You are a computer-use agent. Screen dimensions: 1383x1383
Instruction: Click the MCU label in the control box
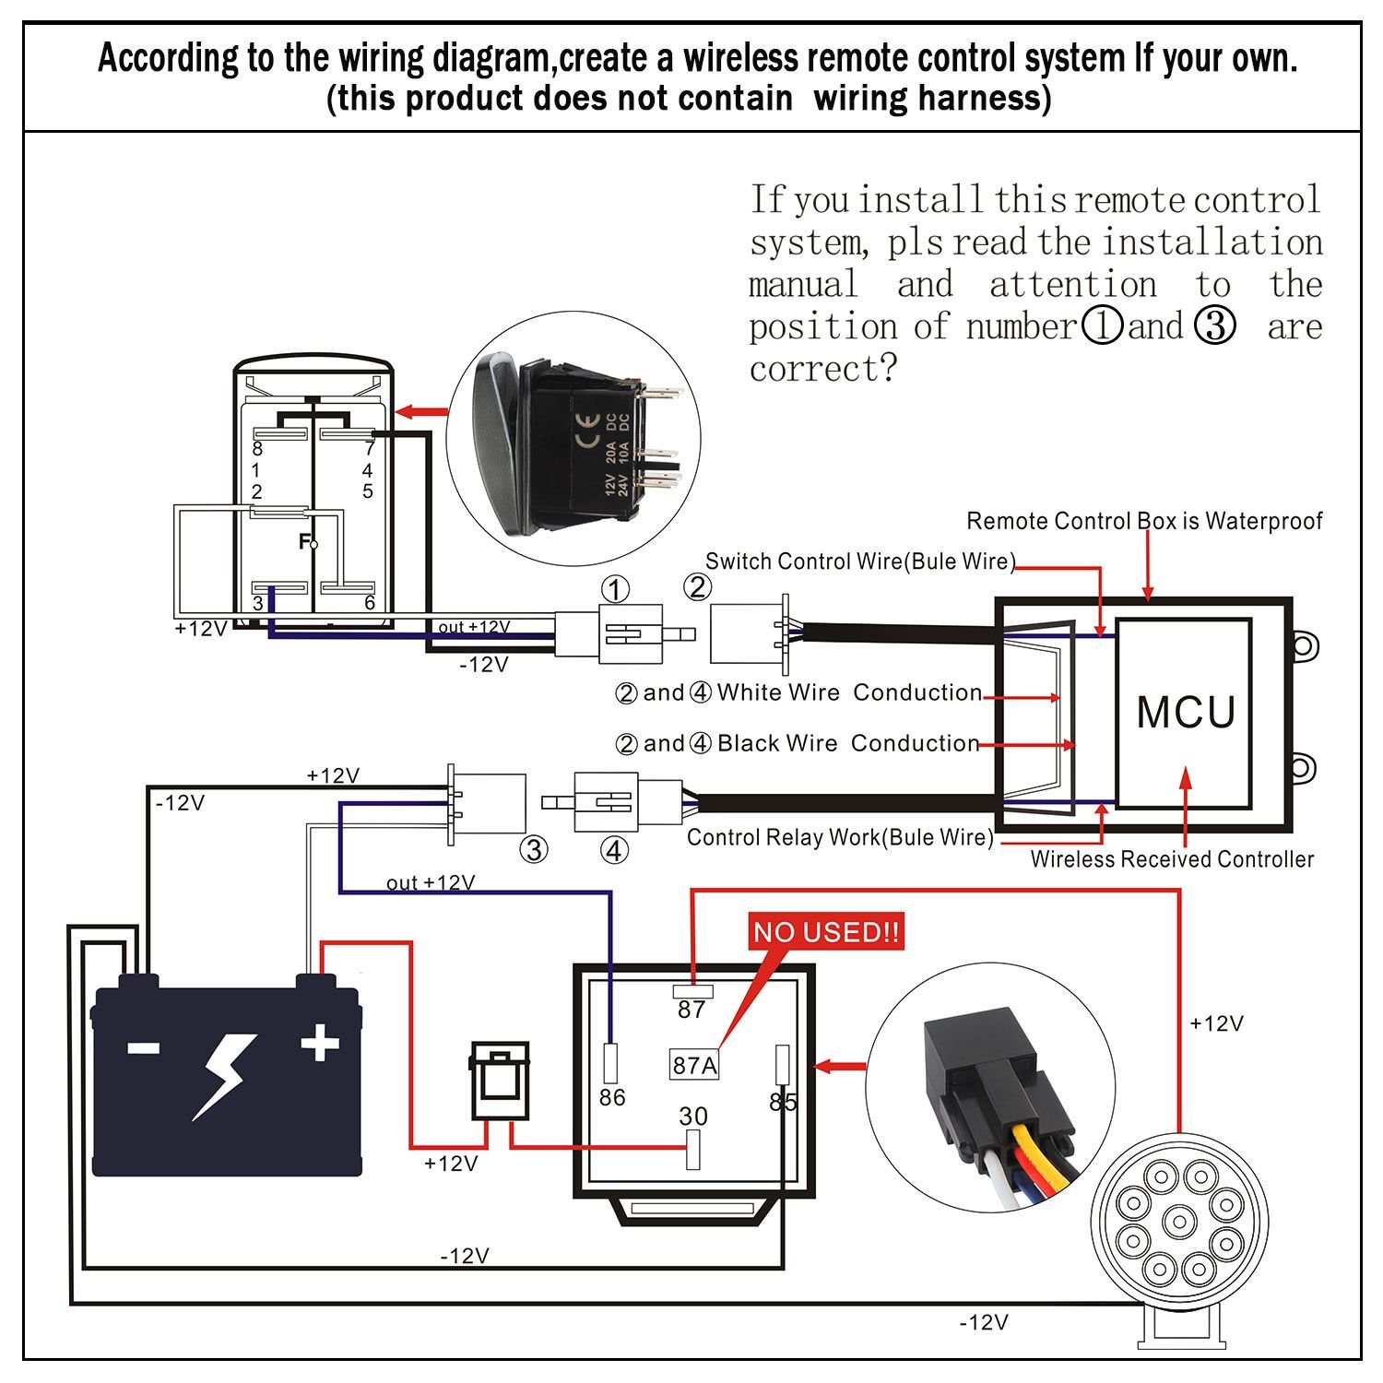point(1186,713)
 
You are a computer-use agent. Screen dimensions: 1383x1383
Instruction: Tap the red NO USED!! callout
point(826,932)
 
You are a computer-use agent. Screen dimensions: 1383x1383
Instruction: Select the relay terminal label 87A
point(694,1065)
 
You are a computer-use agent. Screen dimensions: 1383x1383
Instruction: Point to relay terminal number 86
point(612,1097)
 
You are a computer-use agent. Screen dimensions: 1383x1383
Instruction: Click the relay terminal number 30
point(693,1117)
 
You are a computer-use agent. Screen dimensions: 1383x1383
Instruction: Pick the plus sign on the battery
point(320,1044)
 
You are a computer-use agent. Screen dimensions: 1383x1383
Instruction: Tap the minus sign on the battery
point(143,1047)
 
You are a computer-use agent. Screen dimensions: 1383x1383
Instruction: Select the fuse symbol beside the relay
point(501,1081)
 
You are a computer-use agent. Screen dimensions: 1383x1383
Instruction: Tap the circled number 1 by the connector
point(615,589)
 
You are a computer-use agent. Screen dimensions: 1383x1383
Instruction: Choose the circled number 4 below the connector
point(615,850)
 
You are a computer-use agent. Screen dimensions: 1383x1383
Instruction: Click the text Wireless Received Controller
point(1172,859)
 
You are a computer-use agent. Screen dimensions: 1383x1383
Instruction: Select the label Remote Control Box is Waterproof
point(1144,521)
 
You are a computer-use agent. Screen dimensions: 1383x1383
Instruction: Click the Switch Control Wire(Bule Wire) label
point(860,561)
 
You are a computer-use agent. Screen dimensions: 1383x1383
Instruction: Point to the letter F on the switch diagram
point(304,542)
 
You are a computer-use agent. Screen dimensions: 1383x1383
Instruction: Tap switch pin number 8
point(257,449)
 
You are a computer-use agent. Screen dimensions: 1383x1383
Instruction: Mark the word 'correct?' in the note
point(822,369)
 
